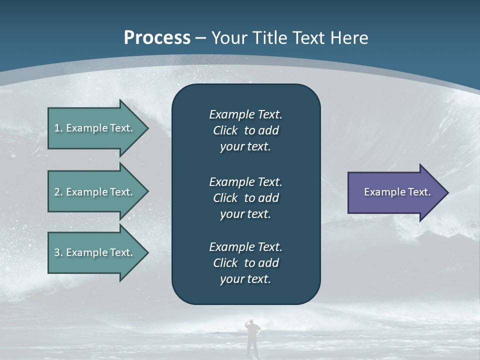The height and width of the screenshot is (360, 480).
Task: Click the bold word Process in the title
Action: pyautogui.click(x=157, y=38)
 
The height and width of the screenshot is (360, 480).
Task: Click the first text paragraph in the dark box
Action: pyautogui.click(x=245, y=130)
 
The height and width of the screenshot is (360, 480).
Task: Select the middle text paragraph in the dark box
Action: pyautogui.click(x=245, y=198)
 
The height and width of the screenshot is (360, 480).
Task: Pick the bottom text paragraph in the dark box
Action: pyautogui.click(x=245, y=263)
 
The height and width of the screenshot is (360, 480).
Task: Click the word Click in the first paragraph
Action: pyautogui.click(x=225, y=130)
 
